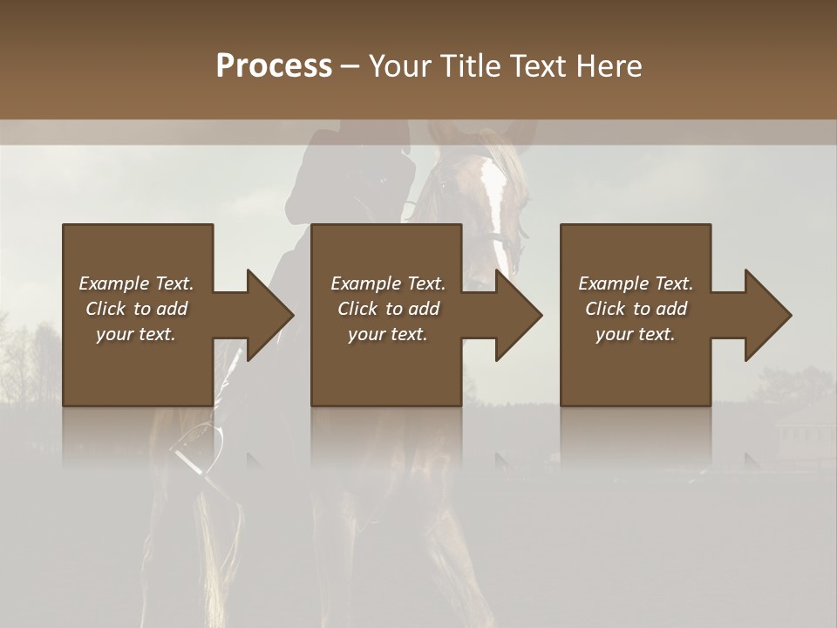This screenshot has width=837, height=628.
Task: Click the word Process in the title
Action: pyautogui.click(x=274, y=65)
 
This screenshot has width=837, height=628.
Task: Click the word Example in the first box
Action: pyautogui.click(x=113, y=283)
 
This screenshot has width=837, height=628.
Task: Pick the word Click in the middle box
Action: pyautogui.click(x=358, y=309)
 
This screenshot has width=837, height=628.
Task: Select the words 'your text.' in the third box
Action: pyautogui.click(x=636, y=334)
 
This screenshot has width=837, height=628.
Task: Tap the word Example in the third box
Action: pyautogui.click(x=613, y=283)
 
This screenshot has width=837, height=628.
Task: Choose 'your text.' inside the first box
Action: pyautogui.click(x=136, y=334)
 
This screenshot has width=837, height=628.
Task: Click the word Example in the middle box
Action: pyautogui.click(x=365, y=283)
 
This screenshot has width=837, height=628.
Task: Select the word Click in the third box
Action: pyautogui.click(x=606, y=309)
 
